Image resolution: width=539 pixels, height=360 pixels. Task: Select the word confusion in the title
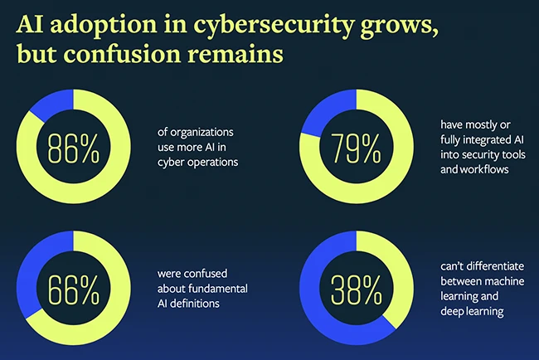140,57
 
